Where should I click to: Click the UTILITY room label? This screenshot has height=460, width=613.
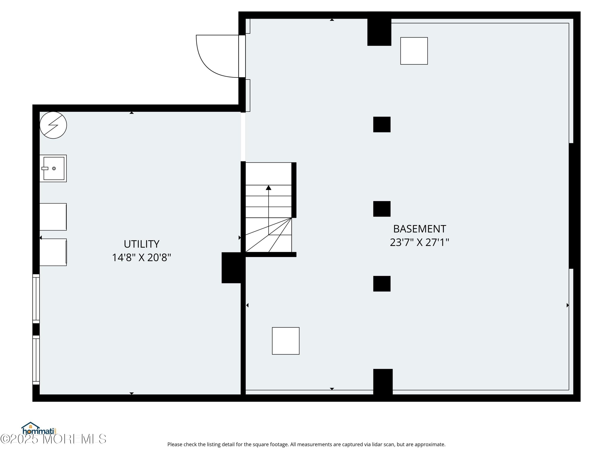tap(141, 244)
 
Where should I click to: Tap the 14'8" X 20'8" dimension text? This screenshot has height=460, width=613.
tap(141, 258)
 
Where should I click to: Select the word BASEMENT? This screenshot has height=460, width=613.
tap(419, 229)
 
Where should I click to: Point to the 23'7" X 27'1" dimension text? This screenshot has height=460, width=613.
tap(419, 242)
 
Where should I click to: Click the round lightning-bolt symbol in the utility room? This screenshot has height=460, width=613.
tap(53, 125)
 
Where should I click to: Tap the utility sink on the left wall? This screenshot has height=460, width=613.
tap(53, 168)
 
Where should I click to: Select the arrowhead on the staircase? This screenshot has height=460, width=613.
tap(268, 188)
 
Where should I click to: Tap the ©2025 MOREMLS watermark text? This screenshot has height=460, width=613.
tap(53, 439)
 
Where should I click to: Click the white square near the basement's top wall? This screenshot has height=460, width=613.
tap(414, 51)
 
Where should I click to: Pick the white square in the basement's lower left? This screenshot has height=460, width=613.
tap(286, 341)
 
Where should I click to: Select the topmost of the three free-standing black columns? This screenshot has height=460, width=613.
tap(382, 125)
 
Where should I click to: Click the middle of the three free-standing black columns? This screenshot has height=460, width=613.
tap(382, 209)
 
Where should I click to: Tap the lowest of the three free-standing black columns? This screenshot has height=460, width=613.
tap(382, 284)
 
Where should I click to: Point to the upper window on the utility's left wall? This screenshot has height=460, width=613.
tap(36, 299)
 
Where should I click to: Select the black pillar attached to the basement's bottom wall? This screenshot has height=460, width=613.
tap(383, 382)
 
